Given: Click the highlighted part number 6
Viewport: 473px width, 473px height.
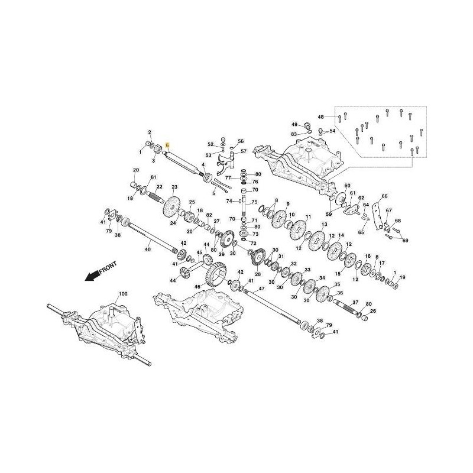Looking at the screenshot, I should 167,145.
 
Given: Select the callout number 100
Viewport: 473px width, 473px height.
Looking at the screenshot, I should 123,294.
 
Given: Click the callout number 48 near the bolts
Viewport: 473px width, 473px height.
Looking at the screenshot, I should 321,117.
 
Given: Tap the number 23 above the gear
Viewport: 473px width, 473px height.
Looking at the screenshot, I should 174,187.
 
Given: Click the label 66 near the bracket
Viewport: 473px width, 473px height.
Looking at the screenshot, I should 384,196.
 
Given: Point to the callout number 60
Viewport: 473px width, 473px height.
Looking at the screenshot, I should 347,186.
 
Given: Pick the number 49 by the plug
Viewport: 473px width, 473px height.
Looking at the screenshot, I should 294,124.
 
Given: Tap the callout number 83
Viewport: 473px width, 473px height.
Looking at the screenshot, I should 294,135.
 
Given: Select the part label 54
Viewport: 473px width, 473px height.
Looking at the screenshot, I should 332,131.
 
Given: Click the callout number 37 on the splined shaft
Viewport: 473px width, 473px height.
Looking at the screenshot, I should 355,302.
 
